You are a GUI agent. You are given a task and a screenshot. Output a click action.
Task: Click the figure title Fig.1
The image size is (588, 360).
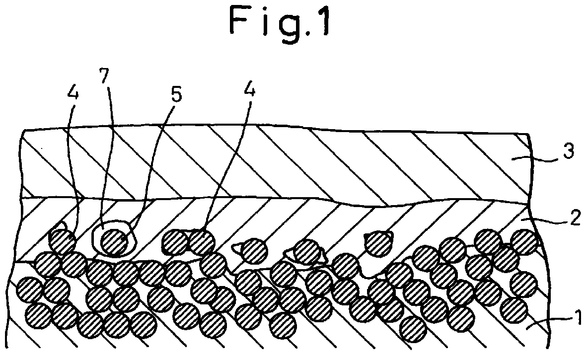pyautogui.click(x=281, y=22)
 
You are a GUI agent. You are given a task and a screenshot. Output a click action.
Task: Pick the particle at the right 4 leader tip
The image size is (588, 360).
pyautogui.click(x=201, y=241)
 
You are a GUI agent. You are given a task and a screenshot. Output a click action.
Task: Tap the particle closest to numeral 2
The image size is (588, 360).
pyautogui.click(x=524, y=241)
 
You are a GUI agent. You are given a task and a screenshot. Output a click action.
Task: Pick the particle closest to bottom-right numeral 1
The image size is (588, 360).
pyautogui.click(x=514, y=309)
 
